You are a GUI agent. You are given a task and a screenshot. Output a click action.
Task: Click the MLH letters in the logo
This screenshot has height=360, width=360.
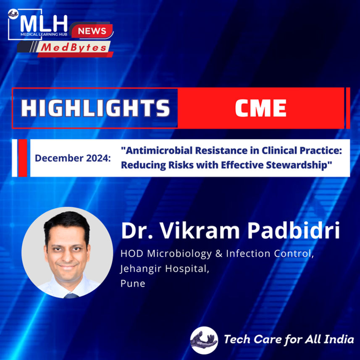pos(44,24)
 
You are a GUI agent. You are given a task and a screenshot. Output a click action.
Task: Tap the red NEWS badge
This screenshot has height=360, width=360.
pos(92,31)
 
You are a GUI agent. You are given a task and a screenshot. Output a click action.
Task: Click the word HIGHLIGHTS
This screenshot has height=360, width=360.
pos(95,108)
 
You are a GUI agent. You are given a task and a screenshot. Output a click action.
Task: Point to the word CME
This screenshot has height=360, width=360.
pos(261,108)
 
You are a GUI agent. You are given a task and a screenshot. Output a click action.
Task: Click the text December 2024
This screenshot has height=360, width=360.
pos(73,158)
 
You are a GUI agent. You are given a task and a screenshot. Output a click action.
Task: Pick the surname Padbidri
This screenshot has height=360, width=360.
pos(294,231)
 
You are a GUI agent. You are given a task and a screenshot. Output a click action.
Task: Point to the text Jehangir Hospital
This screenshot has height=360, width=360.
pos(165,268)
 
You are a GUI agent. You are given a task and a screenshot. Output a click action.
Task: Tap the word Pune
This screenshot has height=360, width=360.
pos(133,283)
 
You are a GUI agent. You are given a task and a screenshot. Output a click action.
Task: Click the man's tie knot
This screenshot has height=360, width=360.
pos(71,295)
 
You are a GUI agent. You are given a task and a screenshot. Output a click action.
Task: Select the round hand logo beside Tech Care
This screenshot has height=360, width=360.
pos(204,340)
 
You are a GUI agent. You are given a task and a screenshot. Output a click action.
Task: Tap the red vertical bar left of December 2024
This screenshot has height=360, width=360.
pos(23,158)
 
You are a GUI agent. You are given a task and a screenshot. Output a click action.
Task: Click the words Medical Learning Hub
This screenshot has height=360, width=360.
pos(44,34)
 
